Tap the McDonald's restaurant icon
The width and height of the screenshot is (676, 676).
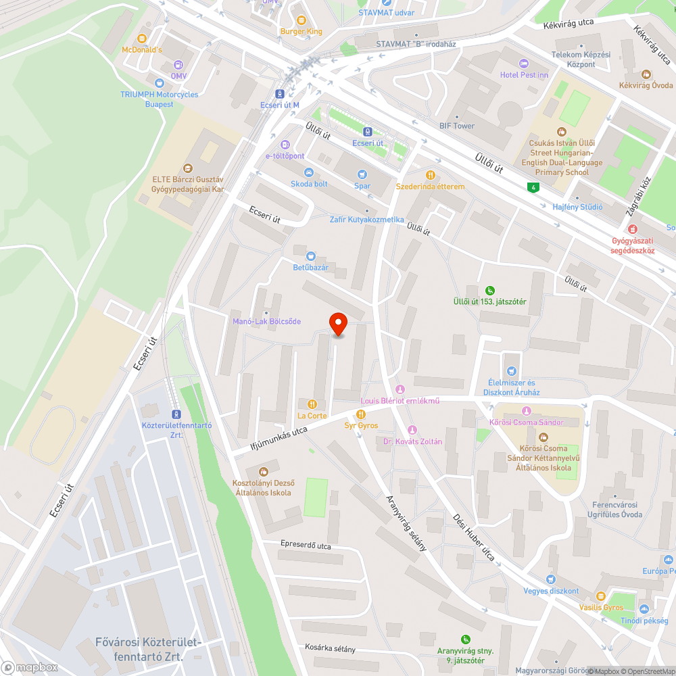pos(142,39)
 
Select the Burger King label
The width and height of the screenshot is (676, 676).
pos(301,32)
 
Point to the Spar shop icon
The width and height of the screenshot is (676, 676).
pos(362,174)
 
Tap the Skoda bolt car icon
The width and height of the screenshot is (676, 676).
pos(309,172)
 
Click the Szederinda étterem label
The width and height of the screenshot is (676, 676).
pos(430,187)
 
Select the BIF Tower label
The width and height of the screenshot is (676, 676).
pos(457,126)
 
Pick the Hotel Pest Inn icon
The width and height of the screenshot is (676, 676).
pos(524,64)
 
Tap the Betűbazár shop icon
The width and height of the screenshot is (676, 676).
pos(310,256)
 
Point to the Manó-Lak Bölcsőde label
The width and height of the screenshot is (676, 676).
pos(266,321)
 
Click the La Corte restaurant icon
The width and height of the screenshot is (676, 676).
pos(312,404)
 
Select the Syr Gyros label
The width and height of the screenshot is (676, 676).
pos(361,425)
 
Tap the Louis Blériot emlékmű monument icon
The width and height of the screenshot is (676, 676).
pos(400,389)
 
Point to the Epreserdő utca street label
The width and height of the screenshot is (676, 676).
pos(306,544)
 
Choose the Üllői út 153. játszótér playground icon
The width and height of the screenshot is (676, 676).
pos(490,290)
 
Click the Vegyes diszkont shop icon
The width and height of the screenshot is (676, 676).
pos(551,579)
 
